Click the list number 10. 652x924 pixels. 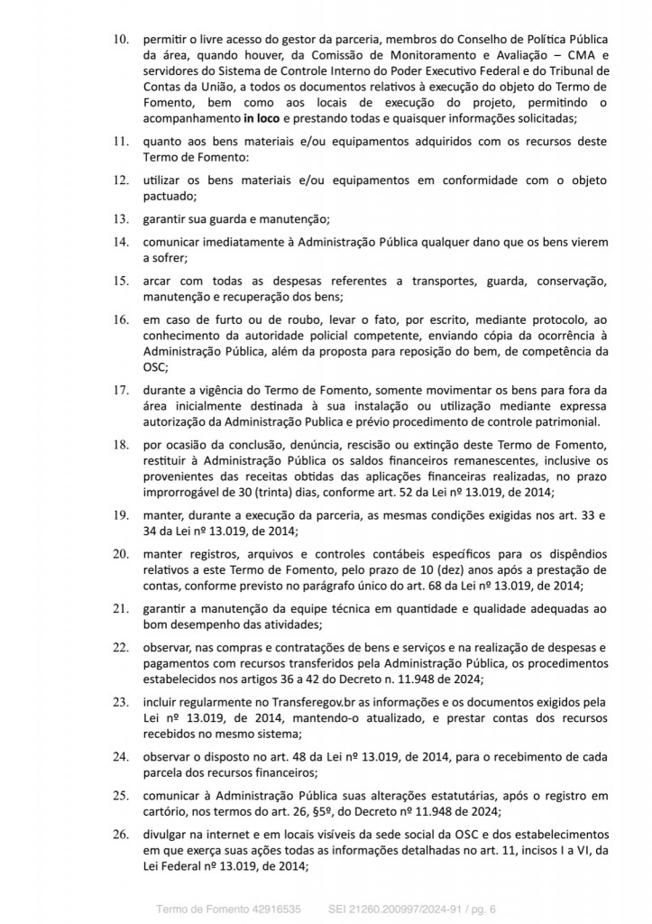coord(119,41)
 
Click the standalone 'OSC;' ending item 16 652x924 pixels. coord(155,378)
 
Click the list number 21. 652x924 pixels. coord(119,609)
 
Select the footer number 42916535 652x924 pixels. coord(271,905)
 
